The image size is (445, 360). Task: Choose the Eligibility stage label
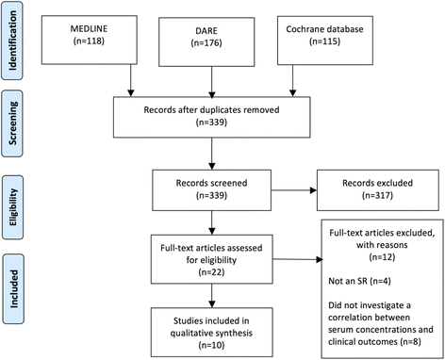[16, 202]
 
